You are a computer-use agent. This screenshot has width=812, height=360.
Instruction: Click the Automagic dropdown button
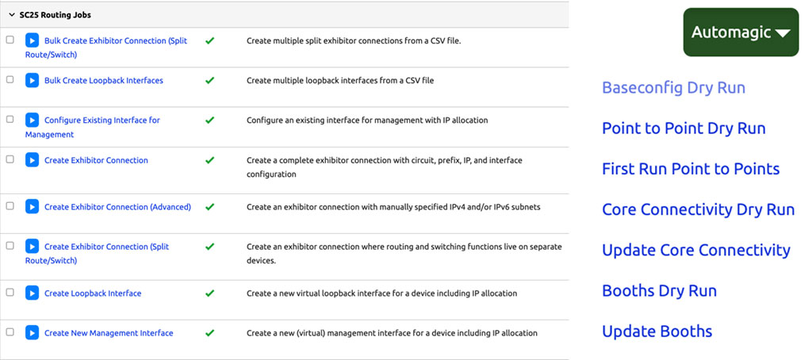[741, 33]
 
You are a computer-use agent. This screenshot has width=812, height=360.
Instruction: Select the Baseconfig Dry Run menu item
[673, 87]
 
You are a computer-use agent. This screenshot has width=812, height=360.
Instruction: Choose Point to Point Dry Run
[684, 128]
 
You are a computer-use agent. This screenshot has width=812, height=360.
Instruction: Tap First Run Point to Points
[691, 169]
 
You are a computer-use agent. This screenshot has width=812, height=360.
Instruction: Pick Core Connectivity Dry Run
[698, 209]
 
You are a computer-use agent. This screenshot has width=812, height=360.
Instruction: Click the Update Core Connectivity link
[695, 250]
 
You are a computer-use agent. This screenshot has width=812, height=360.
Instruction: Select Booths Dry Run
[659, 290]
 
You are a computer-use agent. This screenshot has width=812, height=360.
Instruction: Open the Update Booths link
[657, 331]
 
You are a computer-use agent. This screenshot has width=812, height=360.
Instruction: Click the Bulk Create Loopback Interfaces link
[104, 81]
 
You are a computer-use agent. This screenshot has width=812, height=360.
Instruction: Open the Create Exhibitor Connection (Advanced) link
[117, 207]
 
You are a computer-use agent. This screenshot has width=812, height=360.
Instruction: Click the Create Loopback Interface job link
[93, 293]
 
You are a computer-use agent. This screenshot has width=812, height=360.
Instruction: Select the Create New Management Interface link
[109, 333]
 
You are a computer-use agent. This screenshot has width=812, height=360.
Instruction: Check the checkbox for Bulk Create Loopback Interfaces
[10, 80]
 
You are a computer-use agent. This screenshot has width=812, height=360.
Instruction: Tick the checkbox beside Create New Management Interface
[10, 332]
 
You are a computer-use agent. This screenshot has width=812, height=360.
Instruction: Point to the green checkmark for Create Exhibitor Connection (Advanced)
[210, 207]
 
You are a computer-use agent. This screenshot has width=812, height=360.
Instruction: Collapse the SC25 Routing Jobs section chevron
[10, 15]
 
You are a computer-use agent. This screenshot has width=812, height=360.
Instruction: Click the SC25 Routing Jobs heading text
[55, 15]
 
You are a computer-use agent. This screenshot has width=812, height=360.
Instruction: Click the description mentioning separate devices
[404, 253]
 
